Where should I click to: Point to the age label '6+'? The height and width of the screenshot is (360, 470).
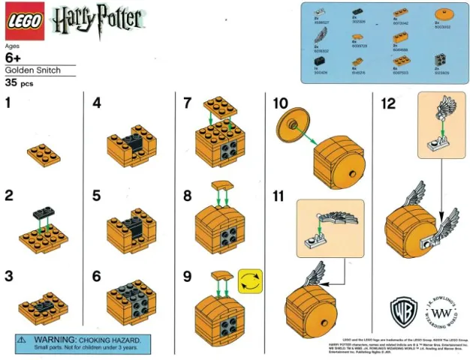tap(14, 58)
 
